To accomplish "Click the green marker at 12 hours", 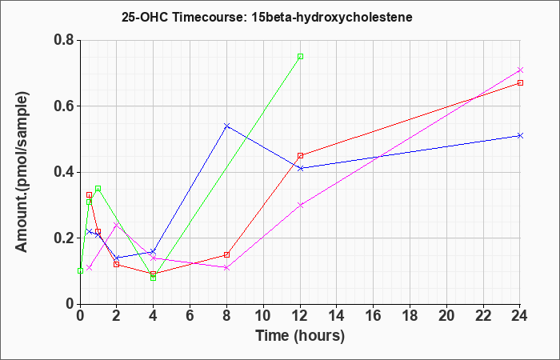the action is point(300,57).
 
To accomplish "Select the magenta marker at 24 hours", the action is point(520,70).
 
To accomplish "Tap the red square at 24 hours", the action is point(520,83).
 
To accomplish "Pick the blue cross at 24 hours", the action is point(520,136).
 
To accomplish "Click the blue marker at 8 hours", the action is point(226,126).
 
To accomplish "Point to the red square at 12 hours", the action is point(300,156).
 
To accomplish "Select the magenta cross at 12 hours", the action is point(300,205).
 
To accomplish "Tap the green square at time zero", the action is point(80,270).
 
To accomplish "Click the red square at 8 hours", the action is point(226,254).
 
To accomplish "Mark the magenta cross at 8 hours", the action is point(226,267).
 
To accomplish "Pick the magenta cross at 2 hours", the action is point(117,225).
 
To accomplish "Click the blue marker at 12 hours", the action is point(300,169).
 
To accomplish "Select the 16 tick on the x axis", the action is point(374,316).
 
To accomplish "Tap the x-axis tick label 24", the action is point(520,316).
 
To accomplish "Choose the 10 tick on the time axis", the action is point(263,316).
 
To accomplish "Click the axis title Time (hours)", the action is point(300,336).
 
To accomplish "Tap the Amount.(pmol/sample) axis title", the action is point(22,172).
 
